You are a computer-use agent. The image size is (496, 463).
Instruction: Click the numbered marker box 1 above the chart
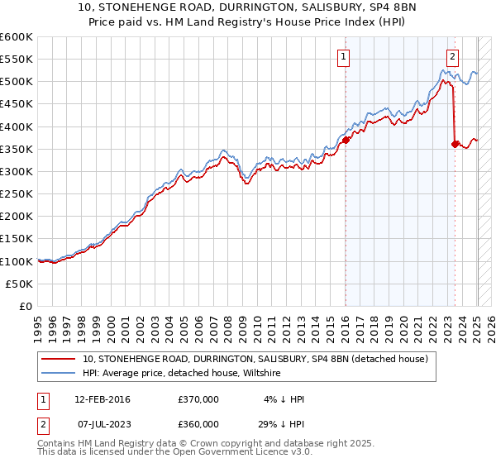(x=343, y=57)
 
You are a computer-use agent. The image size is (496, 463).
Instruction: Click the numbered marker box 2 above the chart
(x=453, y=57)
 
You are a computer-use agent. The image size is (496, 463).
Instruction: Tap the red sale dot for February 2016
(x=346, y=140)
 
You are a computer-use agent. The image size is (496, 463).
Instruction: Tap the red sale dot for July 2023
(x=455, y=144)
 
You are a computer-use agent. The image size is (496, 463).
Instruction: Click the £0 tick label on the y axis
(x=26, y=306)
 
